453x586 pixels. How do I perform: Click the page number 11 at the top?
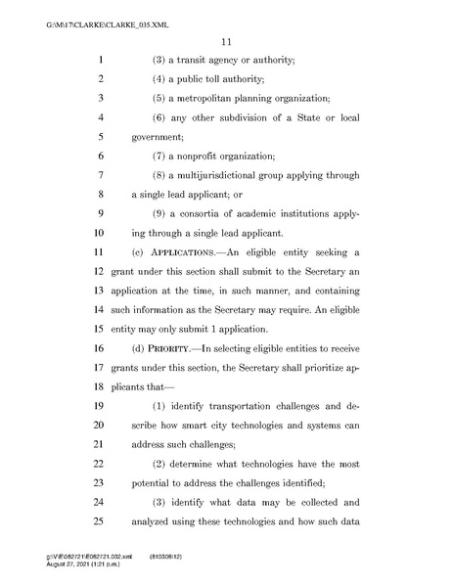pos(225,40)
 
